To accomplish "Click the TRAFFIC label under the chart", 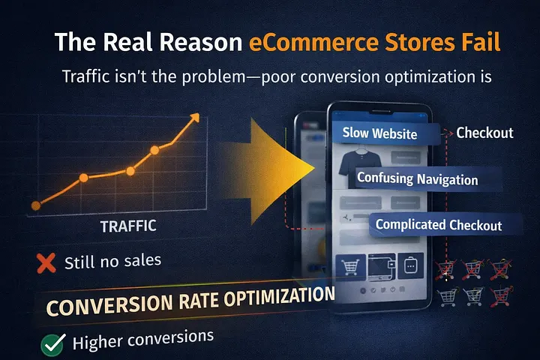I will pos(128,224).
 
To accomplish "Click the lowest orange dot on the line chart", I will pos(36,205).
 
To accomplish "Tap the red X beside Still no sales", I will pos(46,263).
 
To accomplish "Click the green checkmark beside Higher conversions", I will pos(52,344).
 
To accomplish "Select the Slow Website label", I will pos(379,133).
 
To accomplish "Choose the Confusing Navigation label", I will pos(417,179).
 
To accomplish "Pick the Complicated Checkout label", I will pos(439,224).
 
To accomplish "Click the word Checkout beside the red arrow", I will pos(484,133).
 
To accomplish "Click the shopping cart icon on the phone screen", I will pos(350,265).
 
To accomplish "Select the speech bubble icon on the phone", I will pos(411,265).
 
